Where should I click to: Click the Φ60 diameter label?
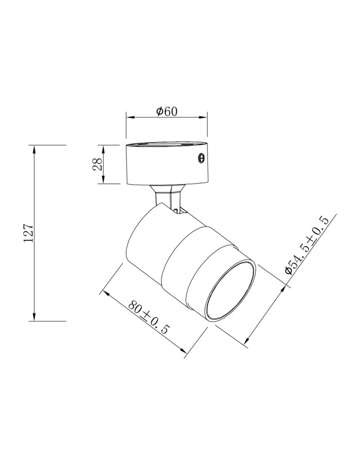click(x=167, y=112)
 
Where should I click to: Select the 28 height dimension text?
click(x=98, y=164)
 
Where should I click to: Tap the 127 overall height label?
click(x=29, y=233)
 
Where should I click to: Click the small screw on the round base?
click(x=201, y=158)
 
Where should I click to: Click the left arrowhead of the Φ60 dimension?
click(x=128, y=117)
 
